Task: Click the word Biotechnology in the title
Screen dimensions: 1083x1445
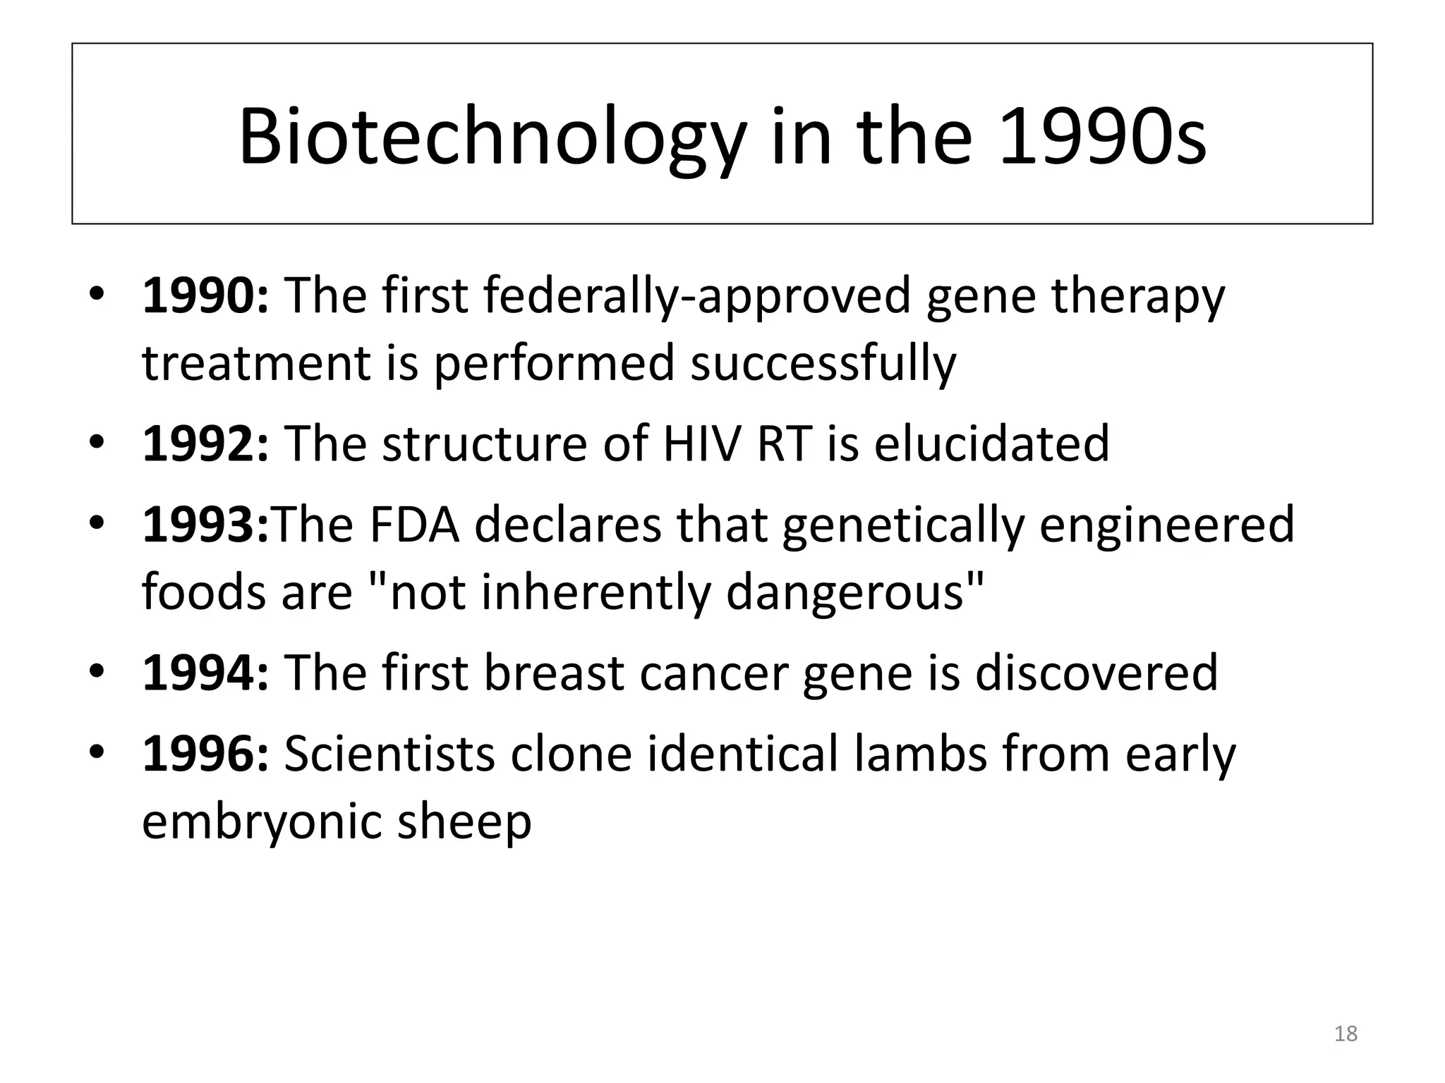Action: tap(491, 137)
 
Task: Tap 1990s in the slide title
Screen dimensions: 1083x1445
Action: tap(1102, 137)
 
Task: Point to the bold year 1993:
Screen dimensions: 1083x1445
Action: tap(205, 525)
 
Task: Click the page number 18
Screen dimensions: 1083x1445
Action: tap(1346, 1034)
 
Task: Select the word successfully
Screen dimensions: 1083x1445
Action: tap(823, 364)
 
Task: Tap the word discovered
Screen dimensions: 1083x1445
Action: tap(1096, 673)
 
